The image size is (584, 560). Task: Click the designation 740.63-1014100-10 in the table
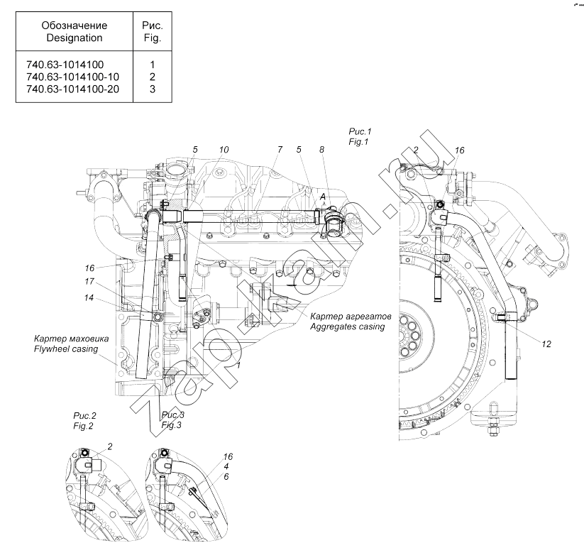(72, 77)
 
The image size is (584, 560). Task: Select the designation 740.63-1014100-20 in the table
(72, 89)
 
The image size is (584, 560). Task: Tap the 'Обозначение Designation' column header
(74, 31)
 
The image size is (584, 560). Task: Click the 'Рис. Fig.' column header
(153, 31)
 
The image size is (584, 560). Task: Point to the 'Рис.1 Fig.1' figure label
(360, 136)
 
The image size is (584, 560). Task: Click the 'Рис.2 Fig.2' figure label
(84, 421)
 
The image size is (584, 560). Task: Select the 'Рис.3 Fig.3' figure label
(172, 420)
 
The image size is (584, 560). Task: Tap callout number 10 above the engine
(224, 150)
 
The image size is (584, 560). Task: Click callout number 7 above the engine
(280, 150)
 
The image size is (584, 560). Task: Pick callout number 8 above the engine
(321, 150)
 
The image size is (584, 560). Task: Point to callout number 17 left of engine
(89, 281)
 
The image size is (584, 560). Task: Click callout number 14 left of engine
(89, 297)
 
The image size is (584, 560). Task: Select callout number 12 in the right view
(546, 344)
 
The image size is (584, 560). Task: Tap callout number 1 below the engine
(238, 365)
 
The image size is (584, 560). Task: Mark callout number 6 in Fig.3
(226, 476)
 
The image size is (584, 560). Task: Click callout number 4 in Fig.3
(226, 466)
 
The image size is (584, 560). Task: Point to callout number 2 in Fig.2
(110, 446)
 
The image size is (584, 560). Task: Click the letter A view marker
(323, 197)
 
